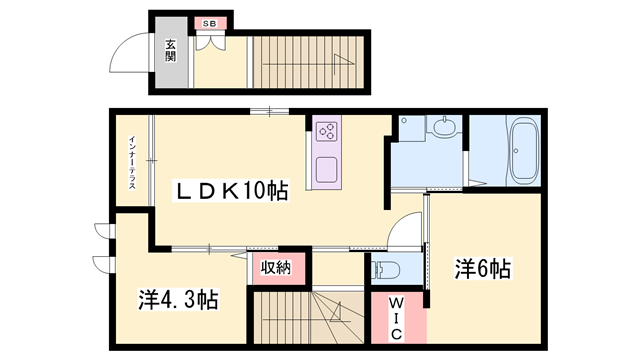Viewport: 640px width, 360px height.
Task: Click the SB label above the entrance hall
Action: (x=210, y=22)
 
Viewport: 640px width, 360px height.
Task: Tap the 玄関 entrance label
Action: (x=171, y=50)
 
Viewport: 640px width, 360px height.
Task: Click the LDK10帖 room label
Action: (x=233, y=191)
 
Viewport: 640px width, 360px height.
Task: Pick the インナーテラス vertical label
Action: (x=131, y=164)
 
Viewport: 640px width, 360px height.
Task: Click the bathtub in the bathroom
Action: (x=524, y=150)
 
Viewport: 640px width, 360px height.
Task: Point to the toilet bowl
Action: (x=390, y=268)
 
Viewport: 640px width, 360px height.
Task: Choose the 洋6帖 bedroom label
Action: (x=484, y=268)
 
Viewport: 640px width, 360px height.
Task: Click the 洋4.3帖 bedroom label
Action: (x=178, y=298)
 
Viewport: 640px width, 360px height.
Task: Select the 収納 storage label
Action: (x=276, y=267)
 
